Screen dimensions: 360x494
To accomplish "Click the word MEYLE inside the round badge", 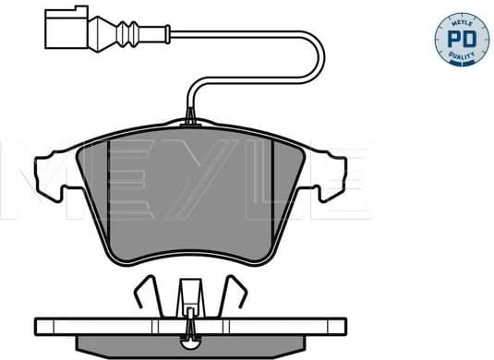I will click(x=459, y=19).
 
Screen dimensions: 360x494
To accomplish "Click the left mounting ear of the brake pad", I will click(x=50, y=171).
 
